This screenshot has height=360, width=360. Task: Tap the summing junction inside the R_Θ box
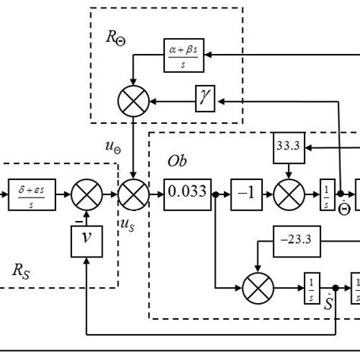point(134,99)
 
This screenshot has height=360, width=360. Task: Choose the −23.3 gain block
point(298,245)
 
